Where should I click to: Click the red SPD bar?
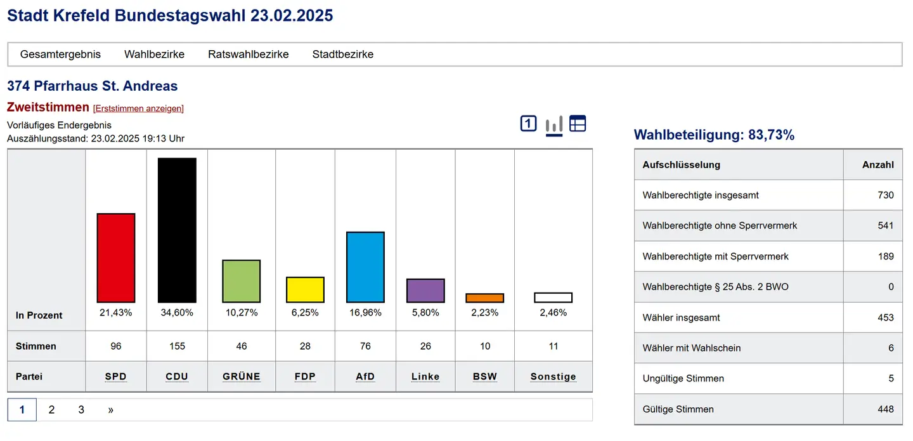coord(116,258)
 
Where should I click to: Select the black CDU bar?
coord(177,230)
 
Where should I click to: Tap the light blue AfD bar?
coord(365,267)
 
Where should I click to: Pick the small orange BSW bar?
coord(484,298)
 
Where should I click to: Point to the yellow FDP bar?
coord(305,289)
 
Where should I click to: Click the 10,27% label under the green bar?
coord(242,312)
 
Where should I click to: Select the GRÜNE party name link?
coord(242,376)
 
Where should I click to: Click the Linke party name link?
coord(425,376)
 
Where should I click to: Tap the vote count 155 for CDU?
coord(177,346)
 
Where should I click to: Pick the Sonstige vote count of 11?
coord(554,346)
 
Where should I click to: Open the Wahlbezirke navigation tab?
coord(154,55)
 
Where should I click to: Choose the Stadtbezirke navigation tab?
coord(343,55)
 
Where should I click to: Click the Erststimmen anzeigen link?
coord(138,109)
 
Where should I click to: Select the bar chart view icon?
coord(554,124)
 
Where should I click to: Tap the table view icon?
coord(578,124)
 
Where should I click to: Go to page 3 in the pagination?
coord(81,410)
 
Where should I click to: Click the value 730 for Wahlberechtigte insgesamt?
coord(886,195)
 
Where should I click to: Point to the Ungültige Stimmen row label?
coord(683,378)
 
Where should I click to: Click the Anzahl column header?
coord(877,164)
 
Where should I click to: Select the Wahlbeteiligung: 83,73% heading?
coord(714,135)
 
